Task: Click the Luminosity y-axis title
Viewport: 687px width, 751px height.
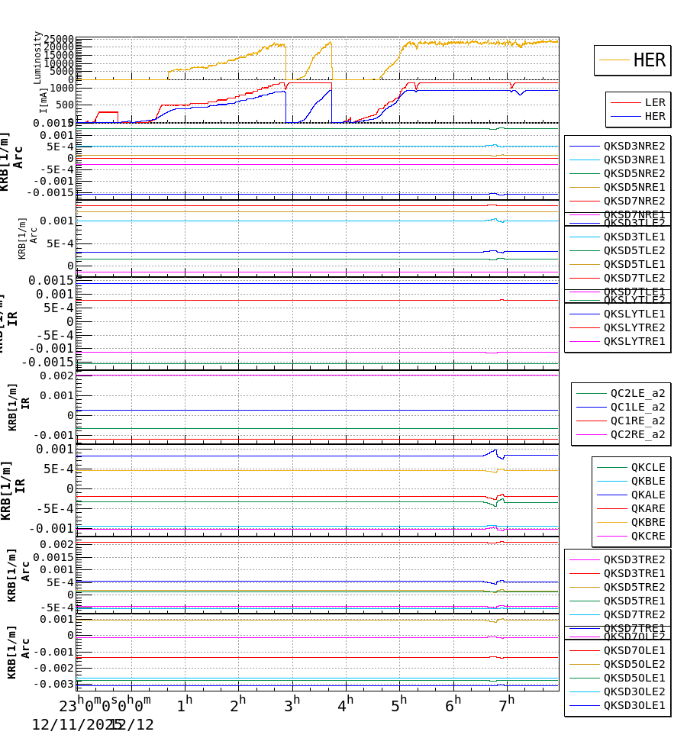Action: pyautogui.click(x=37, y=57)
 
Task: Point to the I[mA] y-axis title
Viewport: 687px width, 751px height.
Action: pyautogui.click(x=44, y=100)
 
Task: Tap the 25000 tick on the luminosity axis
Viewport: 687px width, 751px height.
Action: pyautogui.click(x=58, y=40)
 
